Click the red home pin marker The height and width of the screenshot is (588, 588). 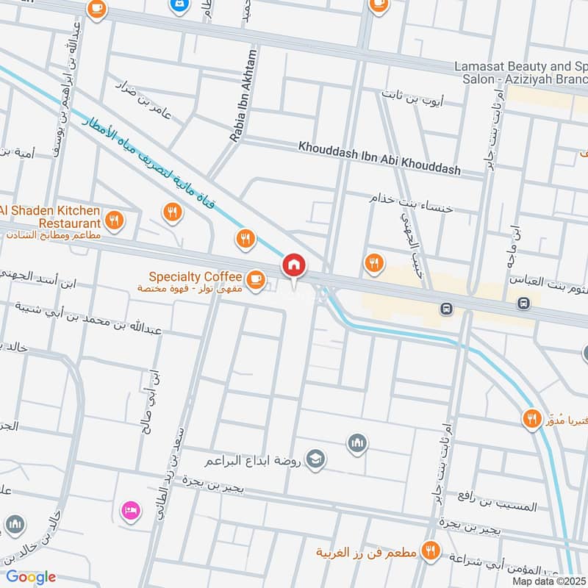(294, 265)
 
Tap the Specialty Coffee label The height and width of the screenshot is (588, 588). (195, 277)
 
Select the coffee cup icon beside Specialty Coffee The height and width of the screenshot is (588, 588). (255, 279)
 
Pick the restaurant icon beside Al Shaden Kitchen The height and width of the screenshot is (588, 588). (114, 218)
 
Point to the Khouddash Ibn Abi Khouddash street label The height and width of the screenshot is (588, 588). (379, 158)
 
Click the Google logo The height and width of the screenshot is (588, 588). (30, 577)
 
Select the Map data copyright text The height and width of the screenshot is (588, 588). (549, 581)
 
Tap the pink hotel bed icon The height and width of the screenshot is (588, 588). (129, 509)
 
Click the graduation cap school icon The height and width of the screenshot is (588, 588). (315, 458)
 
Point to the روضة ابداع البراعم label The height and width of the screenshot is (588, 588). (257, 462)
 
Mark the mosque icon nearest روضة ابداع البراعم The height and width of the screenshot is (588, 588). (358, 443)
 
